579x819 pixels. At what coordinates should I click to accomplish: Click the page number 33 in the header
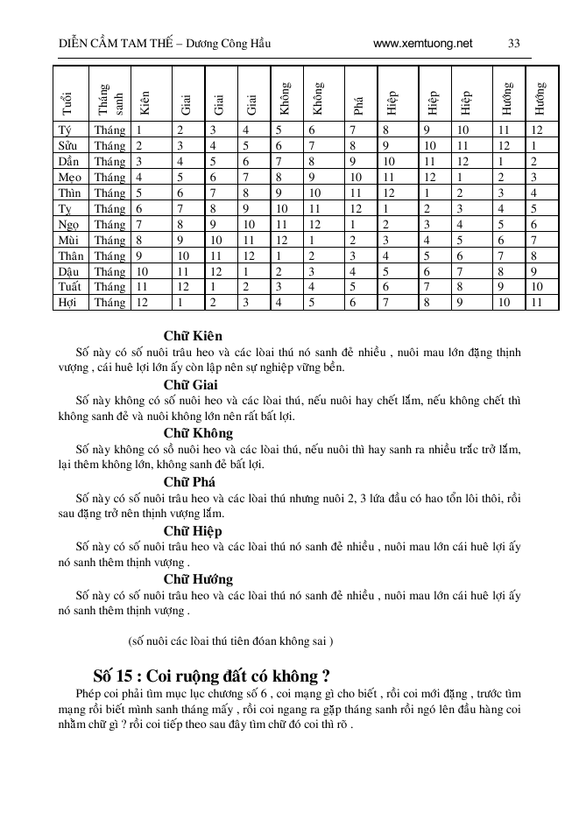[x=514, y=43]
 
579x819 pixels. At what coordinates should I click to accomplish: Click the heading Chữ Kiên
[x=192, y=336]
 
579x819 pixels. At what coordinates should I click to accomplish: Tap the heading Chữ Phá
[x=190, y=482]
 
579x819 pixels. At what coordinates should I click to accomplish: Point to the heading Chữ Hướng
[x=197, y=579]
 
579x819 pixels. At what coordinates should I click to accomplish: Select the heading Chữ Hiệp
[x=192, y=531]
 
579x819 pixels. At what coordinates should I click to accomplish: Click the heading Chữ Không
[x=197, y=433]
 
